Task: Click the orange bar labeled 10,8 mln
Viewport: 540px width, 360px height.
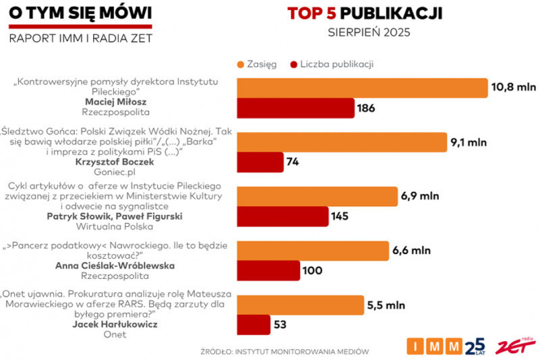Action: pyautogui.click(x=362, y=88)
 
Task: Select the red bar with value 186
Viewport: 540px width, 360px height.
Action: pyautogui.click(x=296, y=108)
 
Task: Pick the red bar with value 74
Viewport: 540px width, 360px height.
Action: pyautogui.click(x=260, y=162)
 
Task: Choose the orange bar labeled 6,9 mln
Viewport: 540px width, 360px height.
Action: pyautogui.click(x=317, y=197)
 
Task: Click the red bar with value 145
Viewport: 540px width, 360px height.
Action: pyautogui.click(x=283, y=216)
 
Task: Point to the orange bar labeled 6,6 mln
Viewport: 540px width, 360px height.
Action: pyautogui.click(x=313, y=251)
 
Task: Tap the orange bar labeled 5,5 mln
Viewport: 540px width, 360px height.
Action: pyautogui.click(x=300, y=305)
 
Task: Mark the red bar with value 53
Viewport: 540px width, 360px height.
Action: pyautogui.click(x=252, y=324)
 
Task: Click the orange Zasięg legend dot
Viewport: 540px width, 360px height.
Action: pyautogui.click(x=240, y=64)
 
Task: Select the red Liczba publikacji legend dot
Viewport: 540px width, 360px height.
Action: pyautogui.click(x=294, y=64)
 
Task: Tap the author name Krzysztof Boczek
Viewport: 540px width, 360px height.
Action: pyautogui.click(x=115, y=162)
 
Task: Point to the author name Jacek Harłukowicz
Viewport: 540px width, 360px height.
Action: pyautogui.click(x=115, y=324)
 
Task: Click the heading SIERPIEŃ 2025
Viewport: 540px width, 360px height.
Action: pyautogui.click(x=364, y=32)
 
